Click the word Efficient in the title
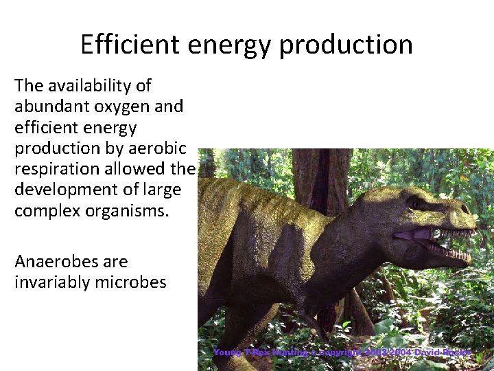pyautogui.click(x=130, y=45)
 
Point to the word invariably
pyautogui.click(x=47, y=282)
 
